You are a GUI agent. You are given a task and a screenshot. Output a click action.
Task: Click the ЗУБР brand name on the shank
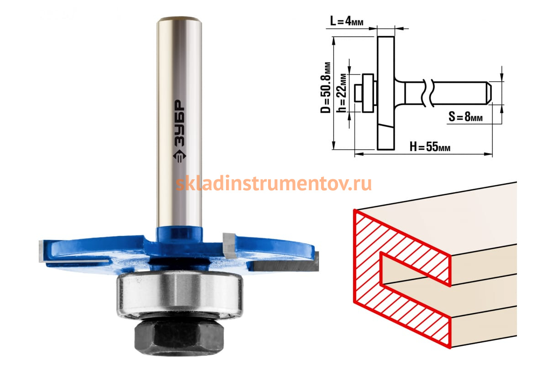click(x=179, y=123)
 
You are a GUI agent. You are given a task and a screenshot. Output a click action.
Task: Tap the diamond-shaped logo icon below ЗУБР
click(x=179, y=156)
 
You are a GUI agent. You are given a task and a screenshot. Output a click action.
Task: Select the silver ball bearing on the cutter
click(x=180, y=296)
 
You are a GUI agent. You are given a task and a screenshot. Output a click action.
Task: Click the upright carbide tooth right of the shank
click(x=229, y=245)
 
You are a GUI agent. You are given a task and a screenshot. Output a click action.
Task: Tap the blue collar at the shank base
click(x=179, y=235)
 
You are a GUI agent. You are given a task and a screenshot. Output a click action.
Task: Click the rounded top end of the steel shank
click(x=179, y=20)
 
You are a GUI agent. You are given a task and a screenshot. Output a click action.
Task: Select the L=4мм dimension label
click(x=347, y=21)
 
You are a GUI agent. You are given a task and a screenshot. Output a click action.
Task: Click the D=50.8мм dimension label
click(x=326, y=88)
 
